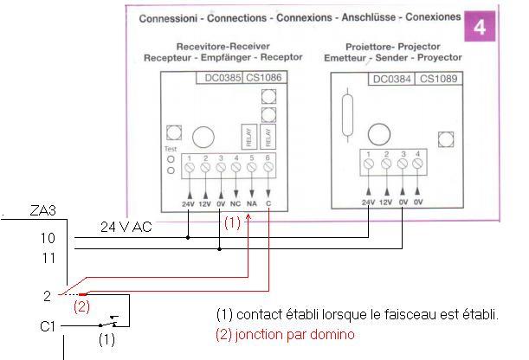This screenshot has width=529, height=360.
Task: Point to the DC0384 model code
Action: [391, 79]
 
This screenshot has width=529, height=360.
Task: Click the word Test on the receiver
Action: [170, 148]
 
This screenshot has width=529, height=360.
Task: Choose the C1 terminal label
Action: [48, 326]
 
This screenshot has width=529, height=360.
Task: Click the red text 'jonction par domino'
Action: [294, 333]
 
